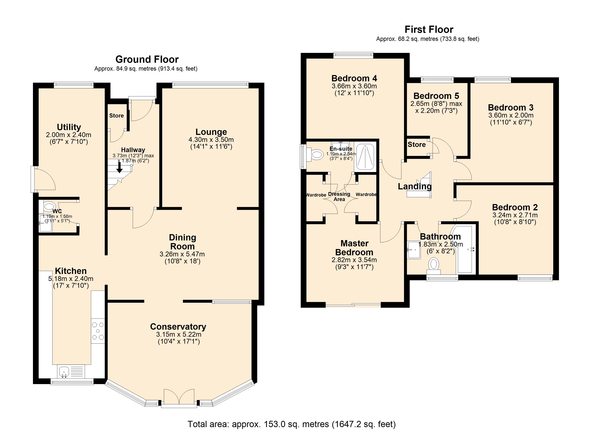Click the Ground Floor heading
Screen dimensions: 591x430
point(147,59)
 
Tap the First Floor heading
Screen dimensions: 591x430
point(429,29)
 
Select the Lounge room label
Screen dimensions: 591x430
point(211,132)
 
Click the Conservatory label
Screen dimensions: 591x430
point(178,326)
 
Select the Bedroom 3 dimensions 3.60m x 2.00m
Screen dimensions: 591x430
point(511,115)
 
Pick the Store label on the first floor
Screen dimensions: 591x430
point(417,144)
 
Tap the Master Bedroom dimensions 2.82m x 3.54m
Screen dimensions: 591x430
point(354,260)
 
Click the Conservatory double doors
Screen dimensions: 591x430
point(179,398)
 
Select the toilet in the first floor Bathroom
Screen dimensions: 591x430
point(434,266)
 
